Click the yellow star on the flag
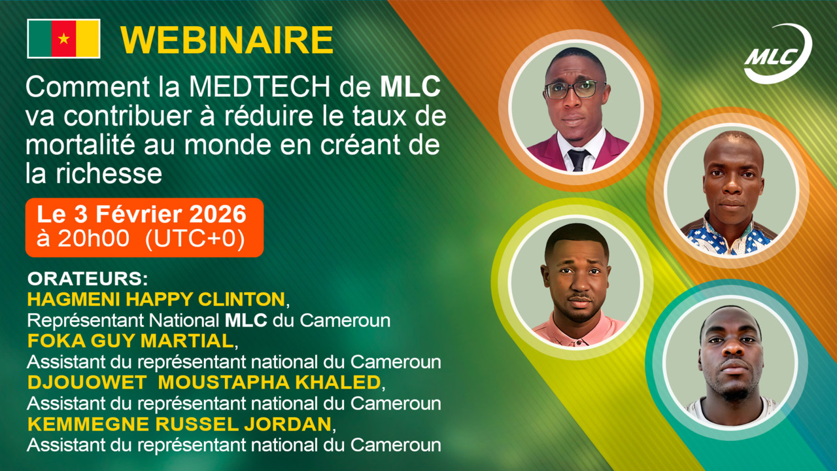tap(63, 39)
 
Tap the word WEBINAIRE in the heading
tap(227, 41)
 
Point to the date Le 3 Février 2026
tap(142, 215)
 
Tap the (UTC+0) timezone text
tap(195, 239)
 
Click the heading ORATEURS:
tap(88, 279)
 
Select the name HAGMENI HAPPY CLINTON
tap(156, 300)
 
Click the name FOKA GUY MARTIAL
tap(130, 341)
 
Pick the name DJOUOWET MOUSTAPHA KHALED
tap(203, 382)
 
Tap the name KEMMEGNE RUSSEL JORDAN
tap(179, 424)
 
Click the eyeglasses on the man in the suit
tap(574, 90)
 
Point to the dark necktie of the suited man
tap(578, 160)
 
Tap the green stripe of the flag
tap(39, 39)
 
